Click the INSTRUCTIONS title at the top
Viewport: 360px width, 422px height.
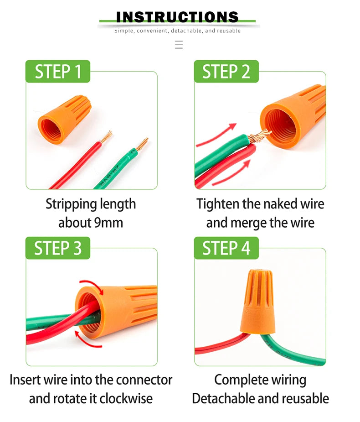click(x=177, y=17)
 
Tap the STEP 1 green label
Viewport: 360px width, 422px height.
click(x=58, y=72)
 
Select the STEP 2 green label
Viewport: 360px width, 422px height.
click(x=226, y=72)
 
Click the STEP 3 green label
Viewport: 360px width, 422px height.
click(x=58, y=248)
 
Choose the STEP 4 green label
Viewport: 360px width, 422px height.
click(x=226, y=248)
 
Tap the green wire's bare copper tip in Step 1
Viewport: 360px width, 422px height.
click(x=142, y=144)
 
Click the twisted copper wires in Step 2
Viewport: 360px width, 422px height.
click(x=258, y=135)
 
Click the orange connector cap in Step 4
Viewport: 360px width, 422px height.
click(x=257, y=300)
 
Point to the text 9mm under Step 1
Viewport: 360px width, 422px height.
click(x=108, y=223)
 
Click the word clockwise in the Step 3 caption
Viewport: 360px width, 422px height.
click(x=126, y=399)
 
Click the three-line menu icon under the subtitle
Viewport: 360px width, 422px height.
click(x=179, y=44)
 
